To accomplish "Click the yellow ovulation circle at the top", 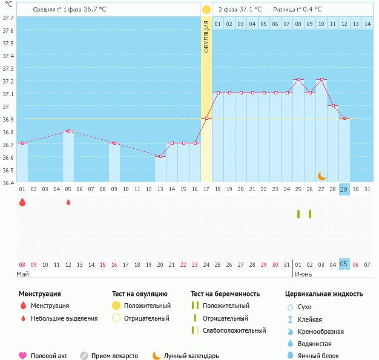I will (206, 10).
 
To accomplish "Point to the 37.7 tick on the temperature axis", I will (8, 18).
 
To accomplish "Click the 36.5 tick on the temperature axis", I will (8, 170).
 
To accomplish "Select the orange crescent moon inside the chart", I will (322, 175).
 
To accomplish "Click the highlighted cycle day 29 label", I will (344, 189).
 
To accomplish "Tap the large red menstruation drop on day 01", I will (22, 202).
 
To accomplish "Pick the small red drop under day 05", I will (68, 202).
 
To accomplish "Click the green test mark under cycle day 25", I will (298, 214).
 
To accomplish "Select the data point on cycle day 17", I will (206, 118).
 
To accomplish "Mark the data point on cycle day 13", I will (160, 156).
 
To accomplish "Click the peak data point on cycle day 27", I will (321, 80).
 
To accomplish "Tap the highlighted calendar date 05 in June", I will (344, 264).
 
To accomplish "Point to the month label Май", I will (22, 274).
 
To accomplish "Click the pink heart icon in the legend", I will (23, 356).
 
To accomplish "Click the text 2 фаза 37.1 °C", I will (240, 10).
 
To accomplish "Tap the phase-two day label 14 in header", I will (367, 24).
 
